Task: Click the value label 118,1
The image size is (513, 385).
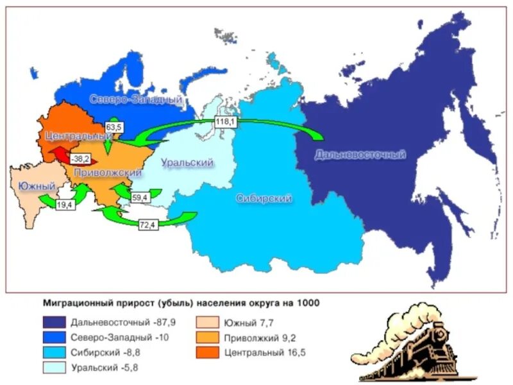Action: tap(225, 121)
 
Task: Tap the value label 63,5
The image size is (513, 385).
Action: tap(114, 127)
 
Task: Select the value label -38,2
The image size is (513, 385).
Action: tap(80, 158)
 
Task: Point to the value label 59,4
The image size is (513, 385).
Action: tap(139, 198)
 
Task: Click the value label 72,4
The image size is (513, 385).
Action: tap(148, 224)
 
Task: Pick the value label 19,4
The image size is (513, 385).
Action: tap(65, 205)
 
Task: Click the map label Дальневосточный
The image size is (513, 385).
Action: tap(360, 155)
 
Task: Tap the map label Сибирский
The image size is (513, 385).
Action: tap(264, 198)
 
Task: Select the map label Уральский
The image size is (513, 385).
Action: tap(187, 163)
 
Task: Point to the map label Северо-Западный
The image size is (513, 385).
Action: tap(136, 100)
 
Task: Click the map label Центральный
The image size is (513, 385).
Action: tap(74, 136)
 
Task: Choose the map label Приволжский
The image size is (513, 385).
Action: tap(107, 173)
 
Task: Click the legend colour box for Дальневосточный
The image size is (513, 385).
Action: tap(54, 323)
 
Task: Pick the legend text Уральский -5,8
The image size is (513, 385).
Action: tap(105, 368)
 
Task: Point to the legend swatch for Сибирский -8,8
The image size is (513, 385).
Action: tap(54, 352)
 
